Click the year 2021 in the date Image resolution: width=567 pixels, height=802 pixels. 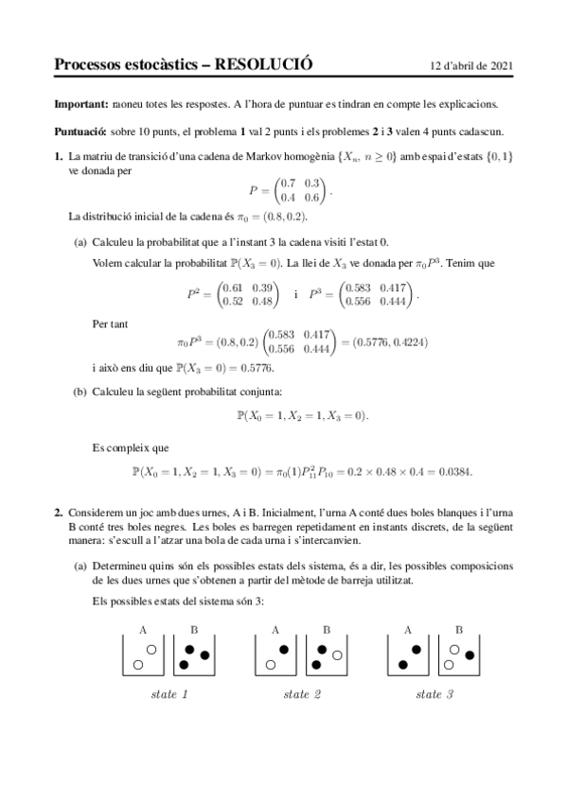498,66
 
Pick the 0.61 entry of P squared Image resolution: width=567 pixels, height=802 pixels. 230,287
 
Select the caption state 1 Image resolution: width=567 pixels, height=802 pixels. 169,695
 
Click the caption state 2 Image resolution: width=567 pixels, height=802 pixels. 302,695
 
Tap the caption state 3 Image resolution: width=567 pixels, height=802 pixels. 434,695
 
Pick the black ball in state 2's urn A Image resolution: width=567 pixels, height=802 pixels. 284,649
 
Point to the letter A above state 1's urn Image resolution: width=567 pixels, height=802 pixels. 143,628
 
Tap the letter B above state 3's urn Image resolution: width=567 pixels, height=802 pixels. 459,628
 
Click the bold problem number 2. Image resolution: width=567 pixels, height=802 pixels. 59,512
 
